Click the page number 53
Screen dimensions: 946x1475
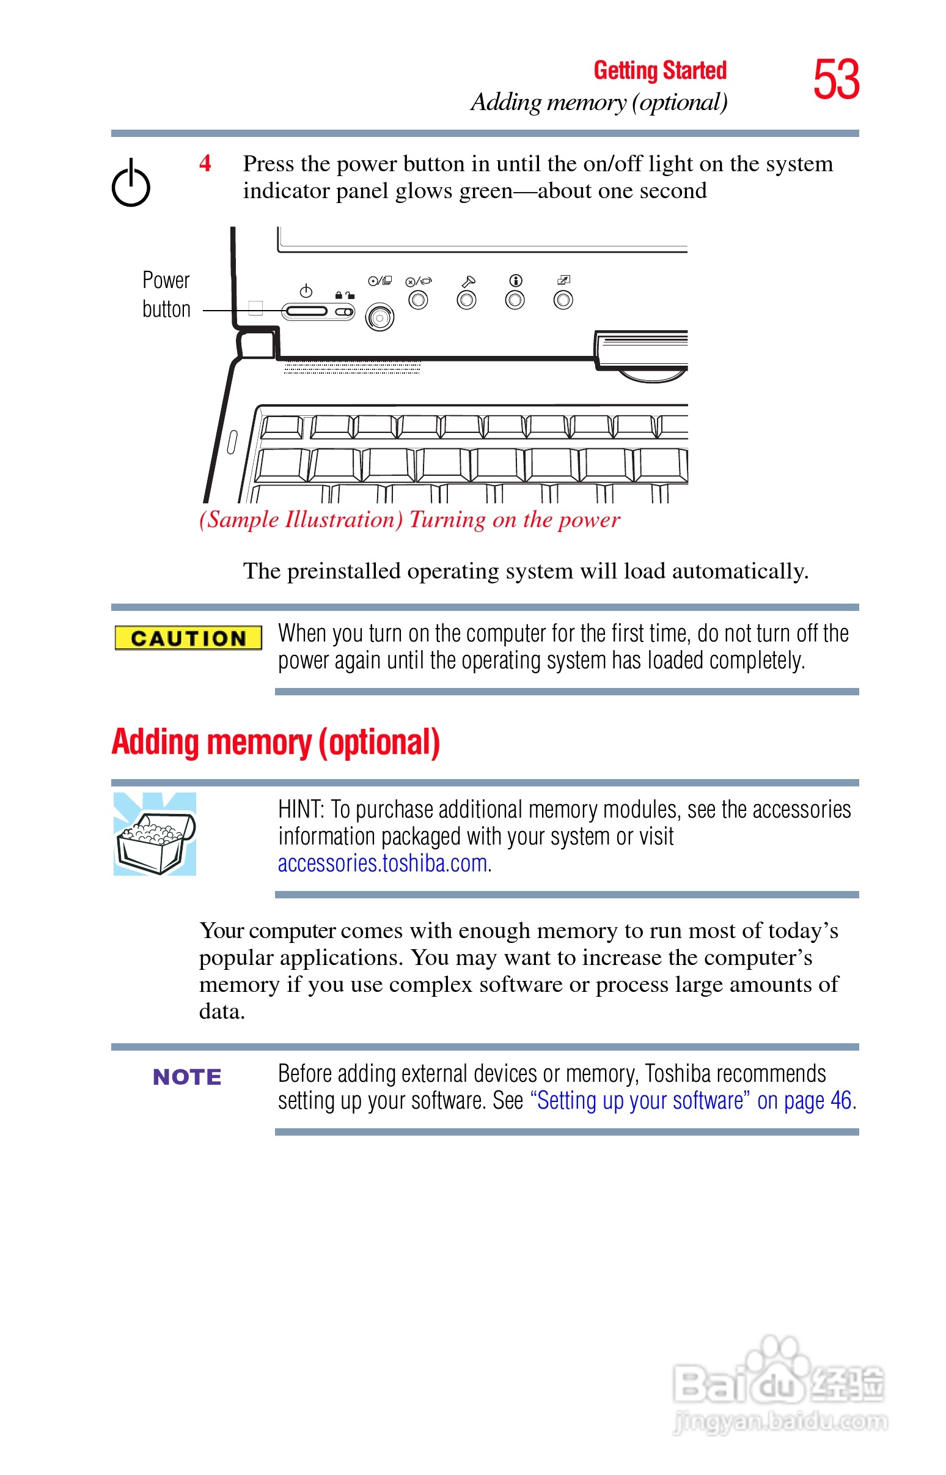[836, 79]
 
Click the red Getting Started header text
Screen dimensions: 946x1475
[661, 71]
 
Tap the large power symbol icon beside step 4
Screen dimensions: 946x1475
[131, 182]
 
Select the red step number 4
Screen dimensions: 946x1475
[205, 163]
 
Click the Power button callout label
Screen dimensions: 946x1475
[166, 294]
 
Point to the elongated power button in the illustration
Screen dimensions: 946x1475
[306, 312]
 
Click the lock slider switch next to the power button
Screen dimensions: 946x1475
[345, 312]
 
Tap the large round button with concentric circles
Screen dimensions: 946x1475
[380, 317]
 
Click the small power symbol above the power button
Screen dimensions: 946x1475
[306, 290]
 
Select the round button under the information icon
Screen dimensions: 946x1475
[515, 300]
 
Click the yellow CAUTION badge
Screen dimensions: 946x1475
[189, 638]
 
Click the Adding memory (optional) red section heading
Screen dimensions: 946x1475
[276, 742]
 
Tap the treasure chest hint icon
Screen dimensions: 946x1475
[155, 834]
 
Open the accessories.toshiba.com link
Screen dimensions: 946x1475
[384, 863]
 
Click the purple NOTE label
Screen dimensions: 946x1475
[187, 1077]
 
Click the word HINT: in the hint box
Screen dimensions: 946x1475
[301, 810]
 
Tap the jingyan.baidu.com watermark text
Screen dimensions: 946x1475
[781, 1422]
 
